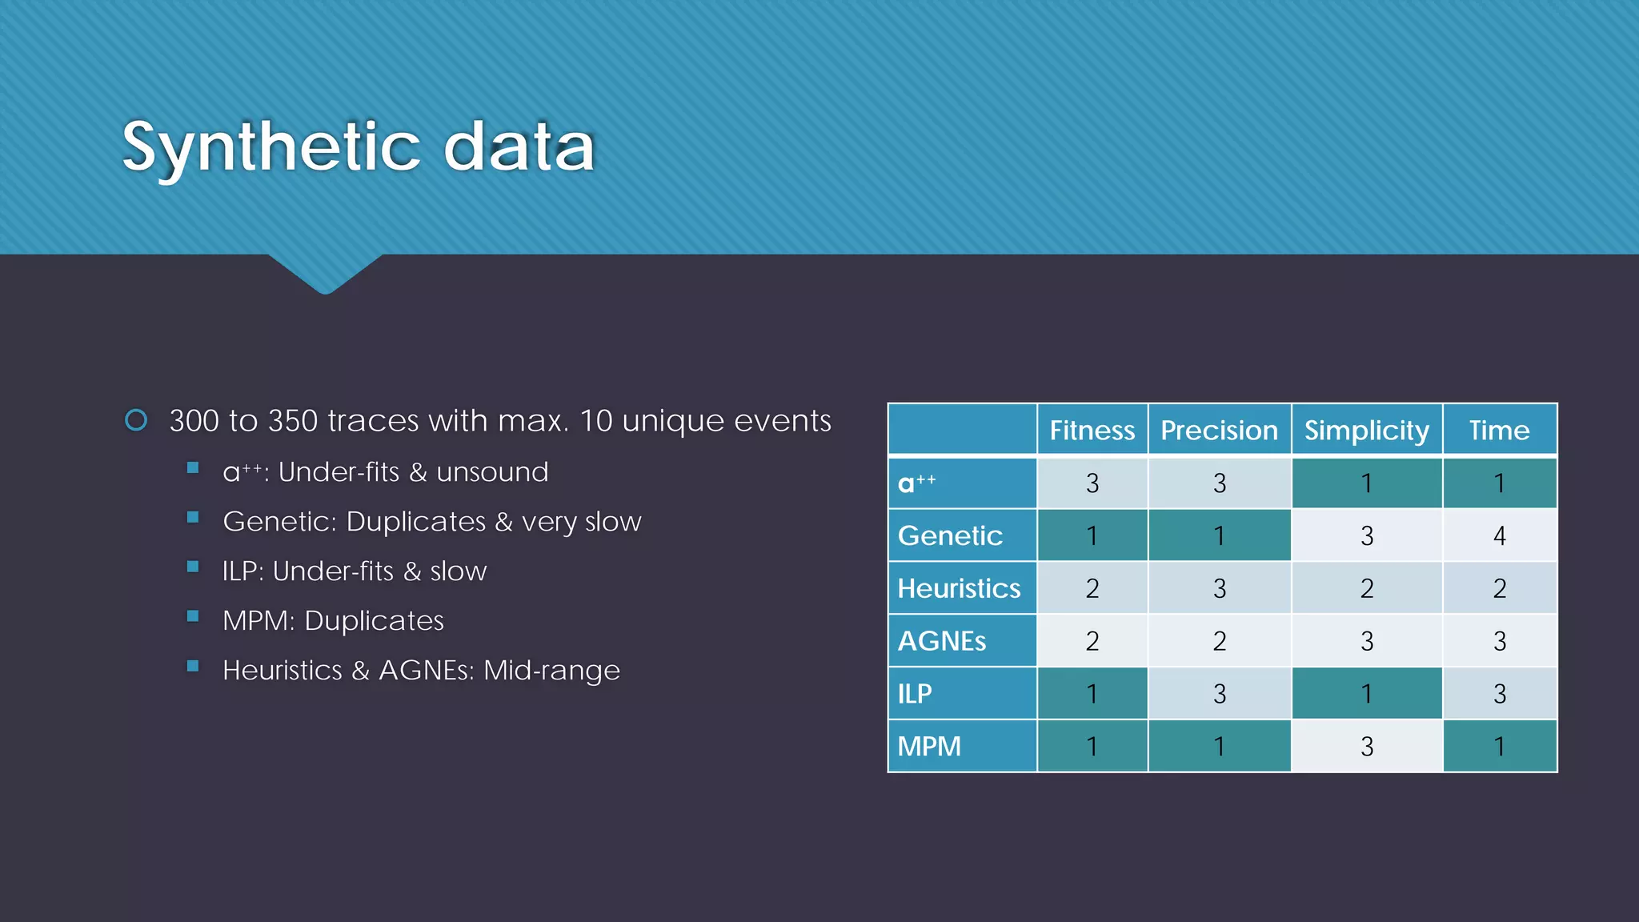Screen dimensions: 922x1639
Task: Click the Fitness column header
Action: pos(1092,431)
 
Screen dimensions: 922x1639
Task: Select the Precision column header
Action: pos(1219,431)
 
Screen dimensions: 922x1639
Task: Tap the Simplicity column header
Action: pos(1366,431)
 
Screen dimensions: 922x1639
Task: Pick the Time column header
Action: pos(1499,431)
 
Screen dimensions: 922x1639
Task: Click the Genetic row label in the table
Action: pos(950,535)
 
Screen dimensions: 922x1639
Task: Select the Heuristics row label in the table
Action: pos(959,588)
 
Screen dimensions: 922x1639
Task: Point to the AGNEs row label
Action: pos(942,641)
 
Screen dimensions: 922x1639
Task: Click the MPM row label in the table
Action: pos(929,746)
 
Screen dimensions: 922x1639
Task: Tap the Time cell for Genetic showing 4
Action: pos(1499,535)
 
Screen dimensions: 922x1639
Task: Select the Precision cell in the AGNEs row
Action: pos(1219,641)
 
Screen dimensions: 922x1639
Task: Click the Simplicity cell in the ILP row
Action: pos(1366,693)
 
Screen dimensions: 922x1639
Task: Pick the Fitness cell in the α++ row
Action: pos(1092,483)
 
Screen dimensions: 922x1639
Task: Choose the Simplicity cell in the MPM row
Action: pos(1366,746)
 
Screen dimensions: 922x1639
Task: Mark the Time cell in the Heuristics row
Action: pos(1499,588)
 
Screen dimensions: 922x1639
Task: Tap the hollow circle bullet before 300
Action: pos(136,420)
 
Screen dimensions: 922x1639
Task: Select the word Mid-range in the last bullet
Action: pos(551,670)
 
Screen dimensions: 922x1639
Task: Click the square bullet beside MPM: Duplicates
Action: pos(193,616)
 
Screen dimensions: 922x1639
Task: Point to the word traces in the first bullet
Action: pos(373,421)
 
